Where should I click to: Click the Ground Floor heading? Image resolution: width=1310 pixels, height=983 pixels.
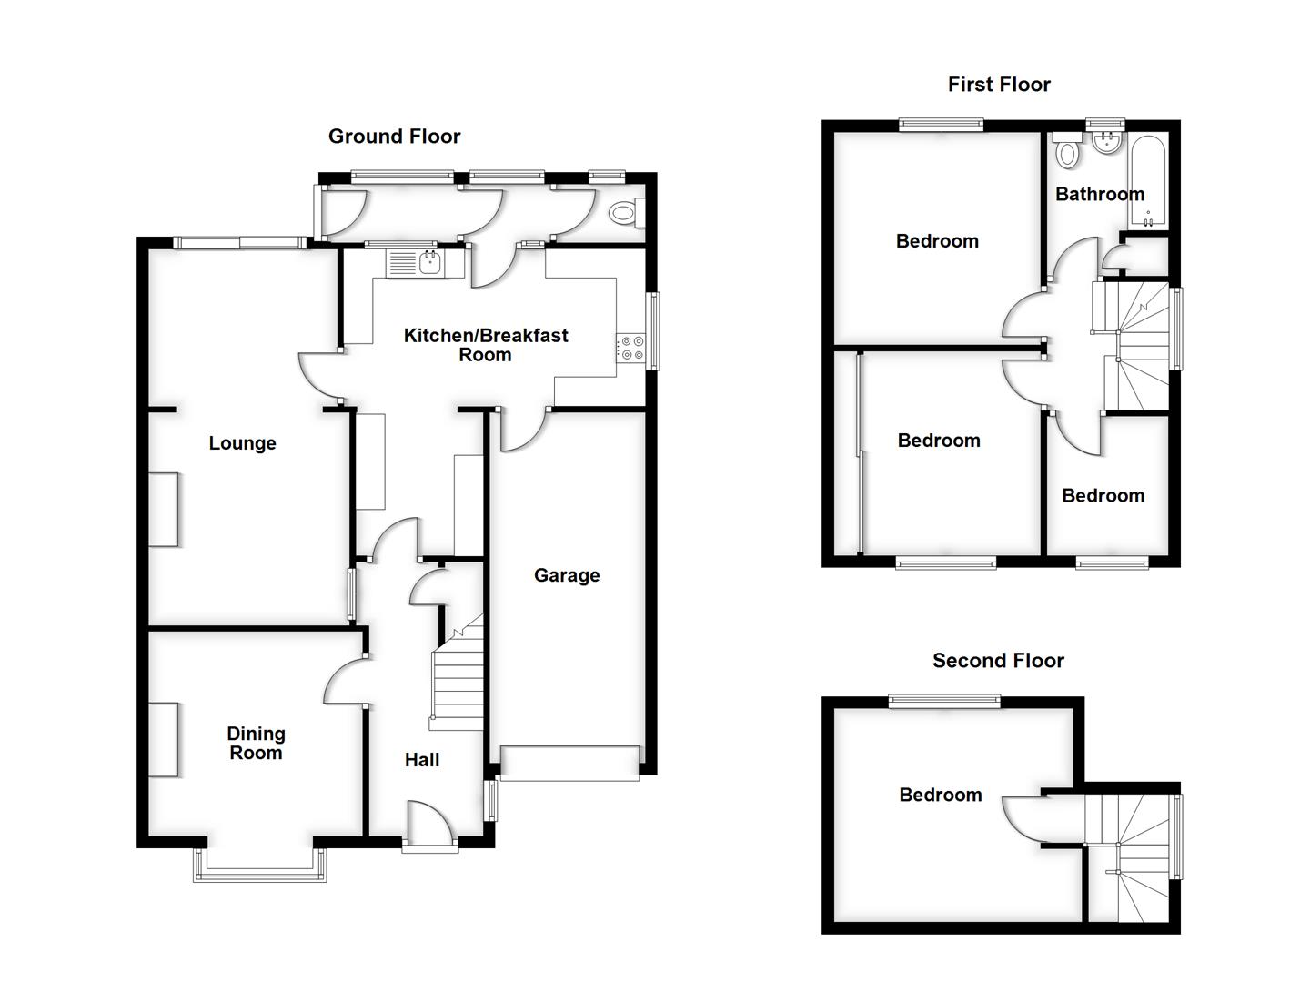[x=394, y=137]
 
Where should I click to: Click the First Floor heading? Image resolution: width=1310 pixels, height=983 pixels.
[x=999, y=85]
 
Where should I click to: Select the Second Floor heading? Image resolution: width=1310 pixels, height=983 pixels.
[x=998, y=661]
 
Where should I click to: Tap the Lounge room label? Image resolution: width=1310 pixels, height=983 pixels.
[x=242, y=443]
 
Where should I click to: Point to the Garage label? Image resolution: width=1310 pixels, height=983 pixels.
[x=567, y=575]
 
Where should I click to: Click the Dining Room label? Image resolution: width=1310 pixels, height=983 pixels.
[x=256, y=743]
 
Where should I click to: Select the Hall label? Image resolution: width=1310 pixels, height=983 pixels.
[x=422, y=760]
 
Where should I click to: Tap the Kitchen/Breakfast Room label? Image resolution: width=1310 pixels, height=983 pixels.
[x=486, y=345]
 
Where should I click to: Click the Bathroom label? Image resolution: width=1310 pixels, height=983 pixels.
[x=1100, y=194]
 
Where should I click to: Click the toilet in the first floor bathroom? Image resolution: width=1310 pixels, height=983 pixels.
[x=1067, y=152]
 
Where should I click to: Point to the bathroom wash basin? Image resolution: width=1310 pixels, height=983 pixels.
[x=1108, y=142]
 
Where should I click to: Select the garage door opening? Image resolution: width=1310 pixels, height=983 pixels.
[x=569, y=763]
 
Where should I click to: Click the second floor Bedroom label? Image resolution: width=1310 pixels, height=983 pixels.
[x=941, y=795]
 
